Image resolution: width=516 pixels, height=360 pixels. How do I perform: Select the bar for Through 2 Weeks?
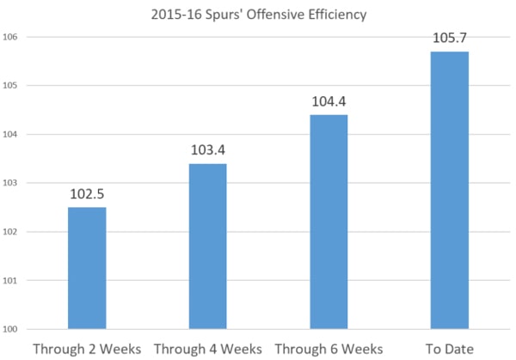point(87,268)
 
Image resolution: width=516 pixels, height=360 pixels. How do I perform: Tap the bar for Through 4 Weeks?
point(207,247)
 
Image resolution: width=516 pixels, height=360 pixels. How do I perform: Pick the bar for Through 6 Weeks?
point(329,222)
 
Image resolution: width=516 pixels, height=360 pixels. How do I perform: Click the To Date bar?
point(449,190)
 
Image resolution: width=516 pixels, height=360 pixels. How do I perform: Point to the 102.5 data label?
point(87,193)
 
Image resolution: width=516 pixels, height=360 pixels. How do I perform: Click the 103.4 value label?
point(207,150)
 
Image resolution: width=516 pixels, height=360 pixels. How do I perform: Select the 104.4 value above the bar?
point(329,101)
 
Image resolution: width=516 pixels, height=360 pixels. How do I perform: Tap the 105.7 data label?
point(449,38)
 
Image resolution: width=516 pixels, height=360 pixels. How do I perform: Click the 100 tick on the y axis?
point(11,329)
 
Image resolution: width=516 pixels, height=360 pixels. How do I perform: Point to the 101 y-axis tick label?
point(11,280)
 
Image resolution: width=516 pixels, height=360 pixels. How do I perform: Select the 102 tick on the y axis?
point(11,232)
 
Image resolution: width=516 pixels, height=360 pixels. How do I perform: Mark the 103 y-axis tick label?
point(11,183)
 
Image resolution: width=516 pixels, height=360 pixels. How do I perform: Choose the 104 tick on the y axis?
point(11,134)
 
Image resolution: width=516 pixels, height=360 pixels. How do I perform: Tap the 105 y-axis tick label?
point(11,86)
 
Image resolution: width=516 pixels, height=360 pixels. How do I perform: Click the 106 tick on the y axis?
point(11,37)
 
